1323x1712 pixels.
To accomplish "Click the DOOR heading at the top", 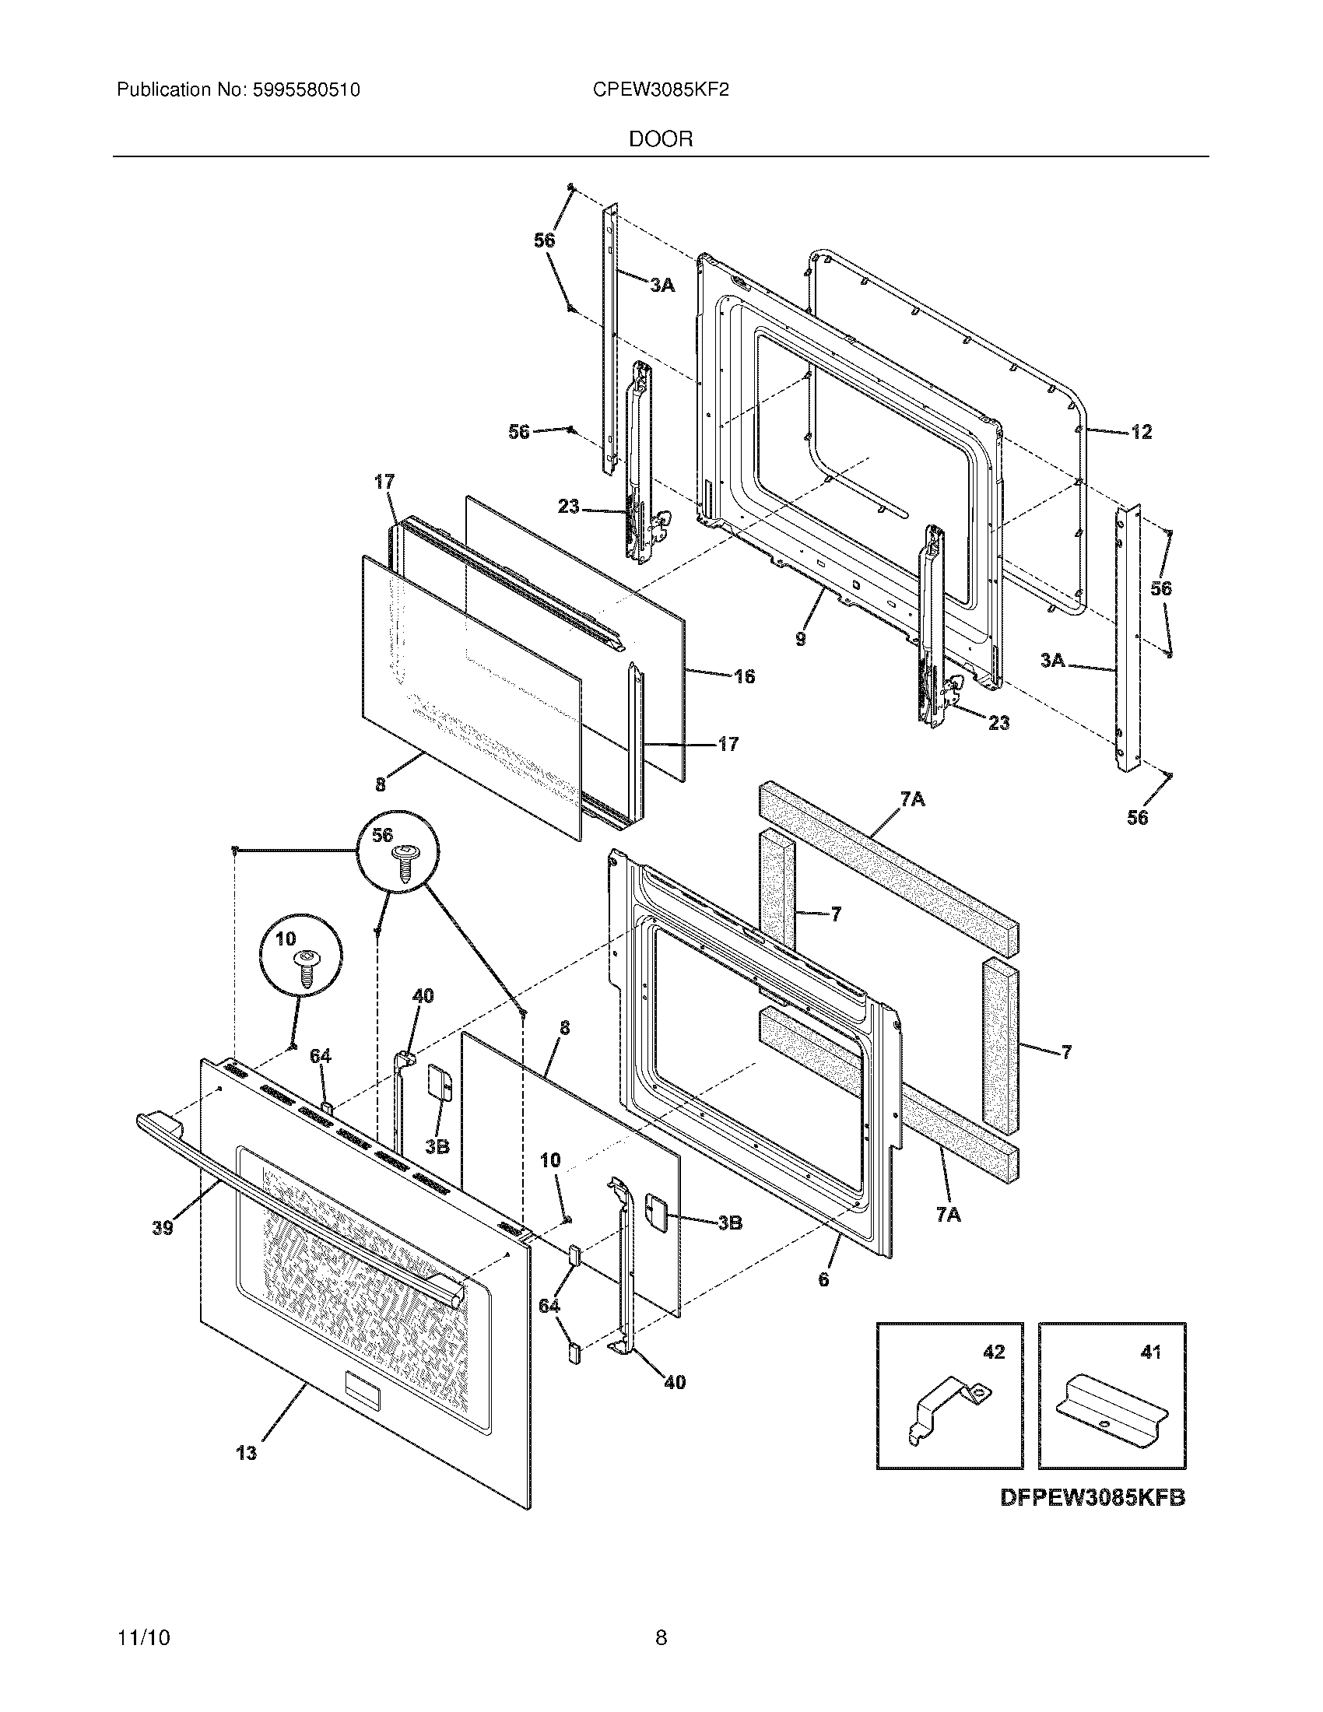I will pyautogui.click(x=661, y=139).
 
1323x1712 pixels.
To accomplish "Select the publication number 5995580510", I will pyautogui.click(x=307, y=90).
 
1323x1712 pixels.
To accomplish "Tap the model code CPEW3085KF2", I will pyautogui.click(x=661, y=90).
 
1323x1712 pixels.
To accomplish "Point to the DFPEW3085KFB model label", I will pyautogui.click(x=1093, y=1498).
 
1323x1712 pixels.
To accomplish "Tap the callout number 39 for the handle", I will pyautogui.click(x=162, y=1227).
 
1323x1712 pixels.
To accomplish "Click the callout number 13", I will pyautogui.click(x=246, y=1454).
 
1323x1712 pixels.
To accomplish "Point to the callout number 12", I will pyautogui.click(x=1141, y=432).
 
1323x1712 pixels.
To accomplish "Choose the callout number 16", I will pyautogui.click(x=744, y=675).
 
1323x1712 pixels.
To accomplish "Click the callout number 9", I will pyautogui.click(x=800, y=639).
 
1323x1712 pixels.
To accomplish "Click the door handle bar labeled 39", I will pyautogui.click(x=298, y=1208).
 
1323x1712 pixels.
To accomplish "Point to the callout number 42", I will pyautogui.click(x=993, y=1352).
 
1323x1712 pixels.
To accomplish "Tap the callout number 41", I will pyautogui.click(x=1149, y=1352).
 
